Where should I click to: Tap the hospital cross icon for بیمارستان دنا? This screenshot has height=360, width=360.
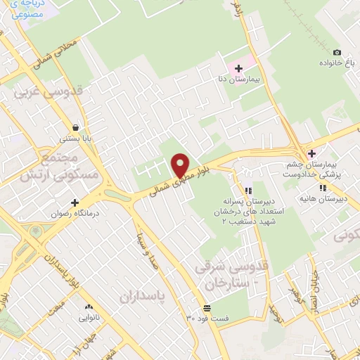pos(238,68)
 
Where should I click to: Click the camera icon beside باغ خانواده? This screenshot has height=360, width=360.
pos(337,53)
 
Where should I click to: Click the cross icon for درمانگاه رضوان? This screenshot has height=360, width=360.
pos(75,202)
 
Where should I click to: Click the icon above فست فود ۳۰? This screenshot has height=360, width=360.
pos(207,308)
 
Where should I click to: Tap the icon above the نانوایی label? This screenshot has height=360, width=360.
pos(89,307)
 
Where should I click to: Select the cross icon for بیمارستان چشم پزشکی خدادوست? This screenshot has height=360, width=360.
pos(311,153)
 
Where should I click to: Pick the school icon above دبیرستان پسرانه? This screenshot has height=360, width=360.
pos(247,191)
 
